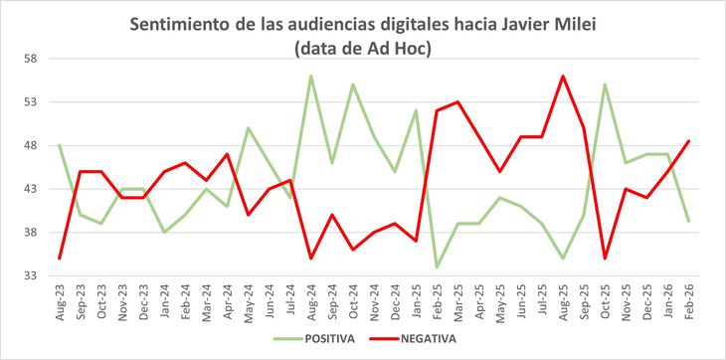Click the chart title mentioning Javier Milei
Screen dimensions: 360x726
(x=363, y=23)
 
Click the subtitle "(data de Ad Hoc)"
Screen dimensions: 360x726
(x=363, y=47)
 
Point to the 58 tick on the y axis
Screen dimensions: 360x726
(x=29, y=59)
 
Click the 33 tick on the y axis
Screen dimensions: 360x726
(x=29, y=276)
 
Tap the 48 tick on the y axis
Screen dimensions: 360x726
(x=29, y=145)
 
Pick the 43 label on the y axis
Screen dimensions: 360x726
(x=29, y=189)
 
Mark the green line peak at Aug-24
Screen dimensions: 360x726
(x=311, y=76)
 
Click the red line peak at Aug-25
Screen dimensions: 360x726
(x=563, y=76)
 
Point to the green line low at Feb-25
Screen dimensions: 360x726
(x=437, y=268)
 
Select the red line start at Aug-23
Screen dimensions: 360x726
(x=60, y=259)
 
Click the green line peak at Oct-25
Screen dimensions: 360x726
(x=605, y=85)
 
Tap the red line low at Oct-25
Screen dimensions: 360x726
(x=605, y=259)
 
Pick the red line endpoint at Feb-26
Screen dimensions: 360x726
(x=689, y=141)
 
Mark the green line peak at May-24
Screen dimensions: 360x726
(x=249, y=128)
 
